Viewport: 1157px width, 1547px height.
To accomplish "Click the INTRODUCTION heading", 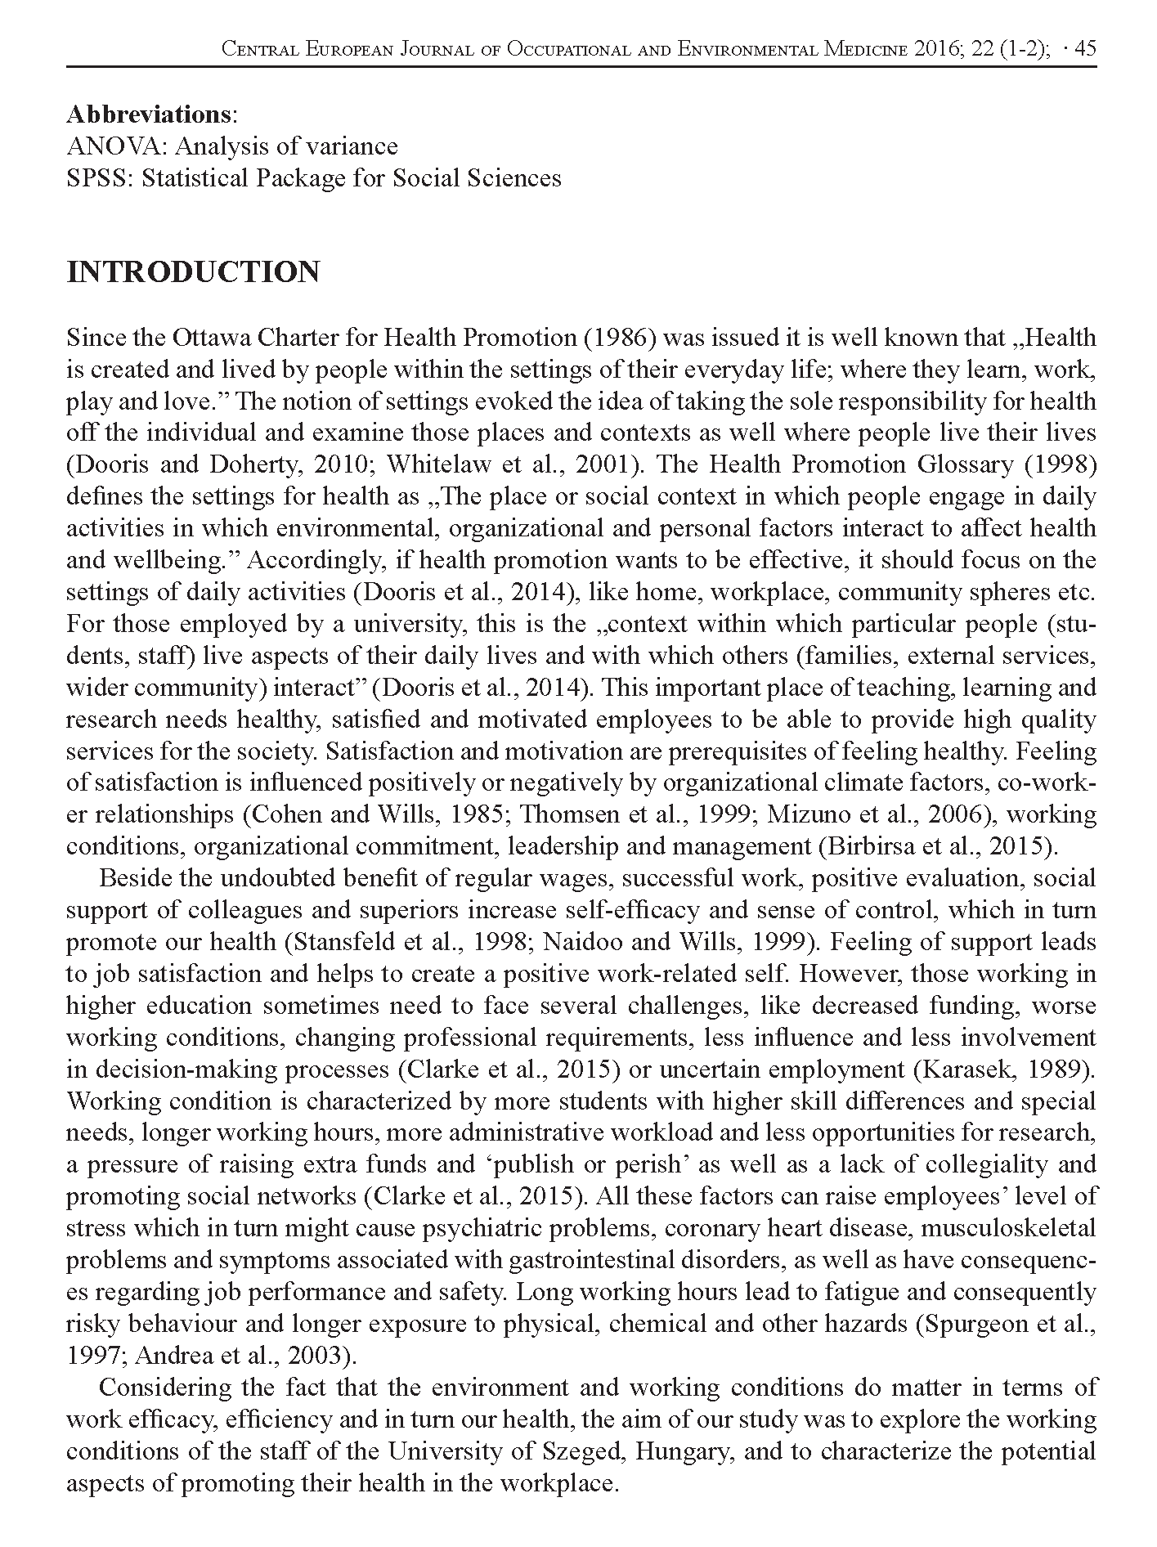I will click(x=193, y=272).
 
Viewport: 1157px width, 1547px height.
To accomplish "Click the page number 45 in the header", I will click(x=1086, y=49).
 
